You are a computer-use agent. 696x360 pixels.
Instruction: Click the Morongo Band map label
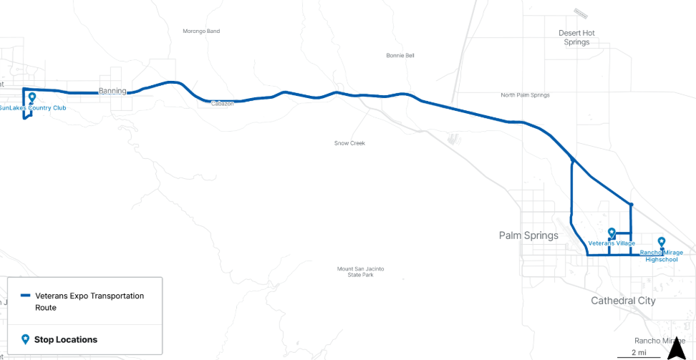pos(201,31)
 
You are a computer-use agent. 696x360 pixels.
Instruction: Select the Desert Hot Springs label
pos(576,37)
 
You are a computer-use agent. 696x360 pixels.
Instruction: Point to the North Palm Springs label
pos(525,95)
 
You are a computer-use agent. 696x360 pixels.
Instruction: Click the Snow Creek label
pos(349,143)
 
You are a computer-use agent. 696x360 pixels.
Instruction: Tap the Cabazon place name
pos(223,104)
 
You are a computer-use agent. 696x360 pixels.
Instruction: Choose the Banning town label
pos(112,91)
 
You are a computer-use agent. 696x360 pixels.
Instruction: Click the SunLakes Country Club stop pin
pos(32,97)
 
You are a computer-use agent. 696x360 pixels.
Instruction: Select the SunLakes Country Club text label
pos(32,108)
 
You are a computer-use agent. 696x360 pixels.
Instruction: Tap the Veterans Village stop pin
pos(612,233)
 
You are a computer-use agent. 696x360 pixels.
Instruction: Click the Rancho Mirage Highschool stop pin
pos(662,242)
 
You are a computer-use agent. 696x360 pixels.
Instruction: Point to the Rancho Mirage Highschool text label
pos(661,256)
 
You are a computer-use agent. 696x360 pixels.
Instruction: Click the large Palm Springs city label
pos(528,235)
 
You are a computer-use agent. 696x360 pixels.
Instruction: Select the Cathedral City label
pos(623,301)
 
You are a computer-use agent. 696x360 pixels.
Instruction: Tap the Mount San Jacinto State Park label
pos(360,272)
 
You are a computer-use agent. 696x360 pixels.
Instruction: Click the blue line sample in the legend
pos(25,296)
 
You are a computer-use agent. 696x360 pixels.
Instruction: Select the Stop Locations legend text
pos(66,339)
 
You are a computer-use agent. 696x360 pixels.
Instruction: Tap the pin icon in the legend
pos(25,339)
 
